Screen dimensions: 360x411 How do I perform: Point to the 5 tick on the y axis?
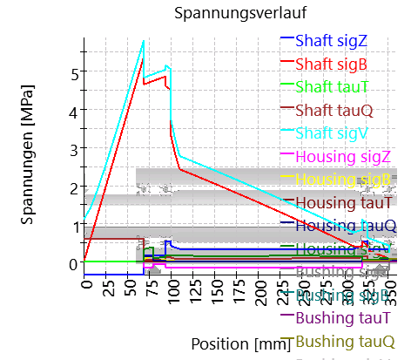74,72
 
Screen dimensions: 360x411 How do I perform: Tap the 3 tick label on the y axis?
74,149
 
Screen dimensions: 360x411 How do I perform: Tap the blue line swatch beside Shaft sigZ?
286,40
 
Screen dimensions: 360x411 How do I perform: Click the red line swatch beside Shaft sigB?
286,64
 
